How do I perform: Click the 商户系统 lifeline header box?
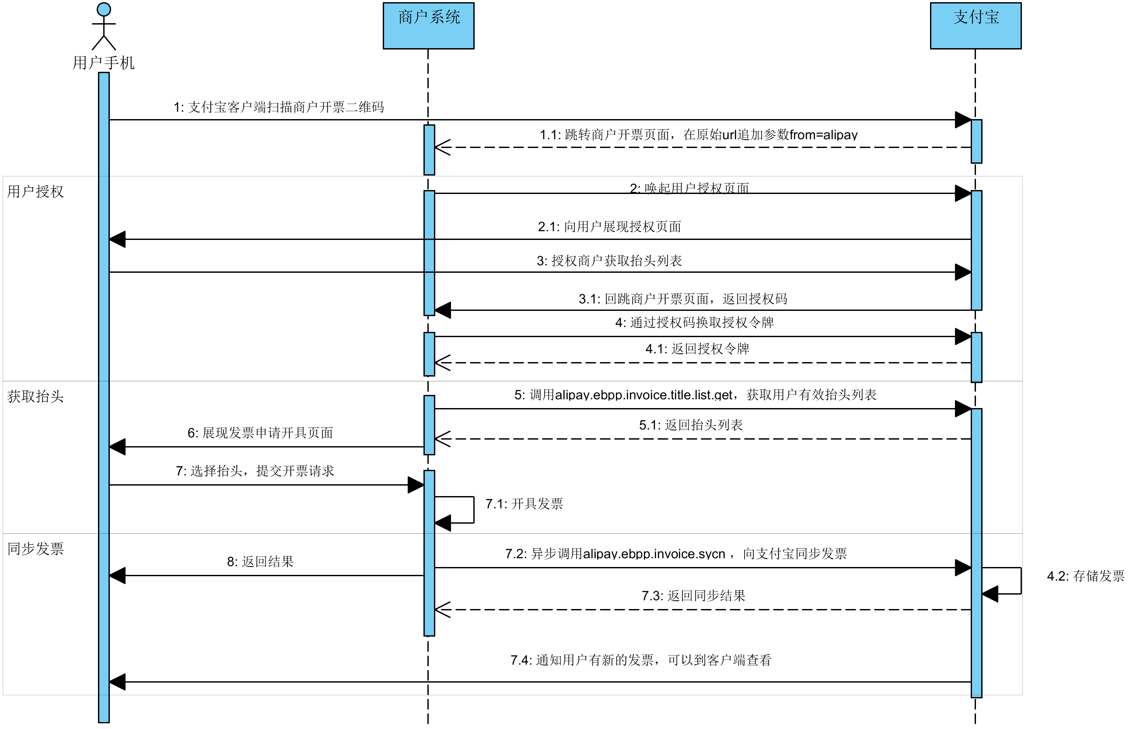(428, 25)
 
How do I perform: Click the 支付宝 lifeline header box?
(975, 25)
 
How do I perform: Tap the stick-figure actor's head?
(104, 9)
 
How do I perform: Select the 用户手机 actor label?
(103, 63)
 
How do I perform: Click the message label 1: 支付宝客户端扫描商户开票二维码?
(279, 107)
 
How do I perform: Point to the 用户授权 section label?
(35, 192)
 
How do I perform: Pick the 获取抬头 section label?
(35, 397)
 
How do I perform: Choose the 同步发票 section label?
(35, 549)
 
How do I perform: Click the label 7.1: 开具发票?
(524, 504)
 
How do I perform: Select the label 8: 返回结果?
(260, 562)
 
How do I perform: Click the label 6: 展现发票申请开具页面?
(260, 433)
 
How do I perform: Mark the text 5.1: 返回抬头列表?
(691, 425)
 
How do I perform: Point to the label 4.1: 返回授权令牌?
(697, 349)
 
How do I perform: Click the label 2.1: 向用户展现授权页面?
(609, 227)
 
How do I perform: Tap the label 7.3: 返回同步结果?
(693, 596)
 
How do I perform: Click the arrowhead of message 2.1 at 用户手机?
(118, 239)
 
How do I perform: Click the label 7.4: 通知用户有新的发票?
(641, 660)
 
